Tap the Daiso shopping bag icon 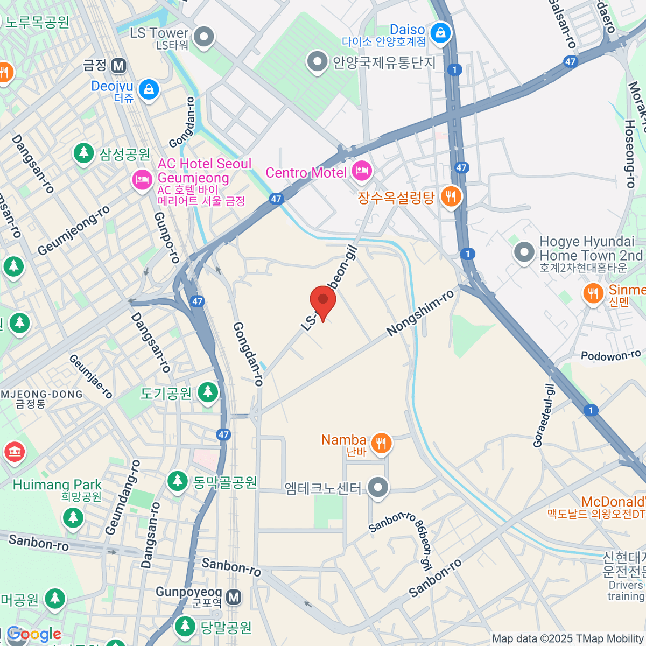coord(441,33)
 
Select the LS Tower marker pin coord(203,38)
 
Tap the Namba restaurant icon coord(381,444)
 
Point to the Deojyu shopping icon coord(149,89)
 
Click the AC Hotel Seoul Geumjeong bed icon coord(143,180)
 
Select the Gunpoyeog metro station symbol coord(234,598)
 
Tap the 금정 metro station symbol coord(118,66)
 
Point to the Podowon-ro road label coord(610,356)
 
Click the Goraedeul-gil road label coord(543,416)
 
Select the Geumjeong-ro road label coord(73,230)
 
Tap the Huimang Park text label coord(57,484)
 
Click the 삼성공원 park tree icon coord(83,153)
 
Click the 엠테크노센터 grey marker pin coord(378,488)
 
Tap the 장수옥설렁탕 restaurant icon coord(451,196)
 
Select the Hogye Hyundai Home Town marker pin coord(524,252)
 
